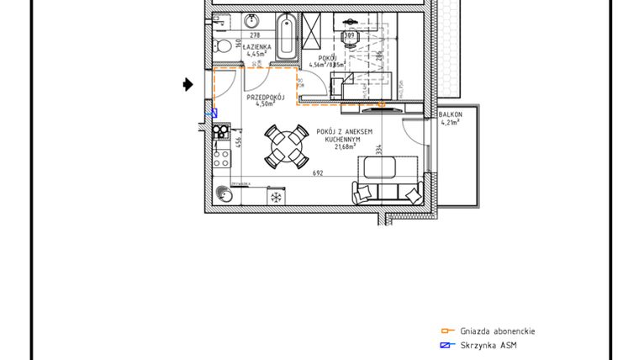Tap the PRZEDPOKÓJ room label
(266, 98)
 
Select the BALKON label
(451, 114)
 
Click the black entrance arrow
(188, 83)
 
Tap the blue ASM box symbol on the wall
(214, 112)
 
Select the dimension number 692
(318, 174)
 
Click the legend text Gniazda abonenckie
(497, 331)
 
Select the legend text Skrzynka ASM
(488, 346)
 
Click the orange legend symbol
(447, 331)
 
